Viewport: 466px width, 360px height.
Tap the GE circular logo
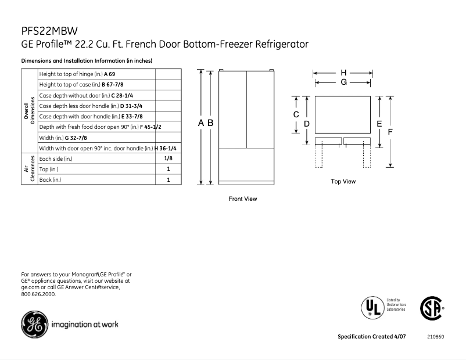33,324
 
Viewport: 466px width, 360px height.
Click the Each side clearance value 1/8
168,159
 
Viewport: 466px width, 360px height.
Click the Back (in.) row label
50,180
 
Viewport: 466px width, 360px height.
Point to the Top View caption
343,182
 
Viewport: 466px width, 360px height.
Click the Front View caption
242,199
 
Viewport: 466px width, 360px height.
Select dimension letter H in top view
343,73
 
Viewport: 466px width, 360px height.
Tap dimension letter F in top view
390,132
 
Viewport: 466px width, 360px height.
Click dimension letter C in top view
296,114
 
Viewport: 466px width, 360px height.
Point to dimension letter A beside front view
201,123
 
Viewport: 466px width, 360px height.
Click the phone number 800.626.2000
38,294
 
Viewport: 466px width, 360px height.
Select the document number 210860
435,337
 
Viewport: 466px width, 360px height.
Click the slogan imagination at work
85,325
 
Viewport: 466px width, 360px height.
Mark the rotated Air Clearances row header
29,169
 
